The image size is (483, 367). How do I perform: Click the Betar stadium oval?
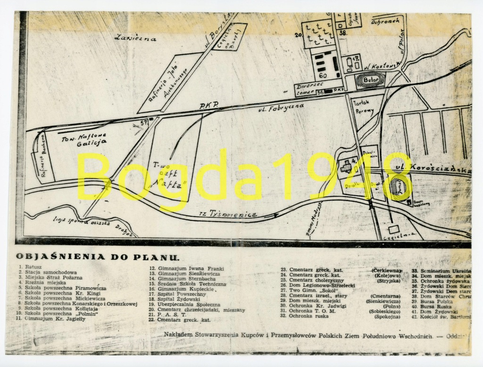(371, 80)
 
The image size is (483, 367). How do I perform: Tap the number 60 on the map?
(323, 75)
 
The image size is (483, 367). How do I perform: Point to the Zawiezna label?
(135, 38)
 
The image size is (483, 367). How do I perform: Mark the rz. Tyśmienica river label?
(233, 214)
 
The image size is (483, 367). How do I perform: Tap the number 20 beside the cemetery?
(298, 34)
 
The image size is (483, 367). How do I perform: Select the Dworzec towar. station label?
(310, 90)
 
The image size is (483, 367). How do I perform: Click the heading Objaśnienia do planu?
(98, 257)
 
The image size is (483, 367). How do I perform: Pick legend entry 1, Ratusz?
(31, 267)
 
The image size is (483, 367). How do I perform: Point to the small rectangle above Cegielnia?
(393, 228)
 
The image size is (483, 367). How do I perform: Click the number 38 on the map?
(343, 33)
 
